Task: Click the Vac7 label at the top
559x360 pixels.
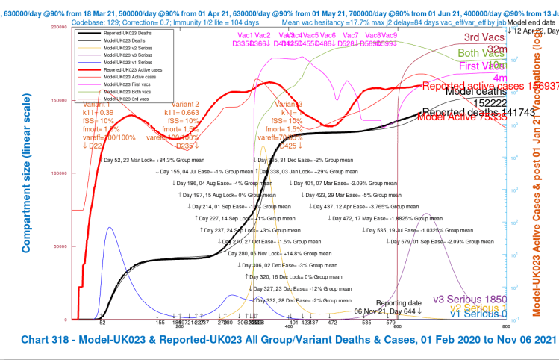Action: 351,36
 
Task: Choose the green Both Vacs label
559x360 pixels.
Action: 481,54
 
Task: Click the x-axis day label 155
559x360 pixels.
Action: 160,323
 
